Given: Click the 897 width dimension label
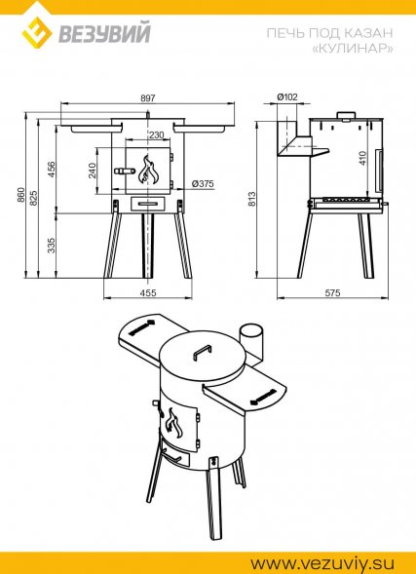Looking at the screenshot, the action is [147, 97].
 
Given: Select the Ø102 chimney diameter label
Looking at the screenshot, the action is [287, 97].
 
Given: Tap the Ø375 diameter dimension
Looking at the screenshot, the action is [203, 183].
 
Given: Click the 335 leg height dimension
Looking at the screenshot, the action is [52, 246].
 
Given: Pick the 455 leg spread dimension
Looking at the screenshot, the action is [148, 293].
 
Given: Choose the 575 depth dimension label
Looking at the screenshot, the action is [332, 293].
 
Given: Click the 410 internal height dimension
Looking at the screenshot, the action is [362, 158].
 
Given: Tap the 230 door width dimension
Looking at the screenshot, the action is [156, 135].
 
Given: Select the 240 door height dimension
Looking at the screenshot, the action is [92, 171].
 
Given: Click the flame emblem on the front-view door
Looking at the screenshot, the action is [147, 170].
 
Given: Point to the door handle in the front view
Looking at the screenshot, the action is [124, 171].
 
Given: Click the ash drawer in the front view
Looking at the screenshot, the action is [148, 203].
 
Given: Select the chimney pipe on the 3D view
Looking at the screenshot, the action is [251, 341].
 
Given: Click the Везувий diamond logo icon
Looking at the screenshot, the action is [37, 32].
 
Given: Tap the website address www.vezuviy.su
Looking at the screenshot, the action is [322, 562].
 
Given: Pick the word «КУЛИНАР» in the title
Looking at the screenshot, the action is [353, 49].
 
